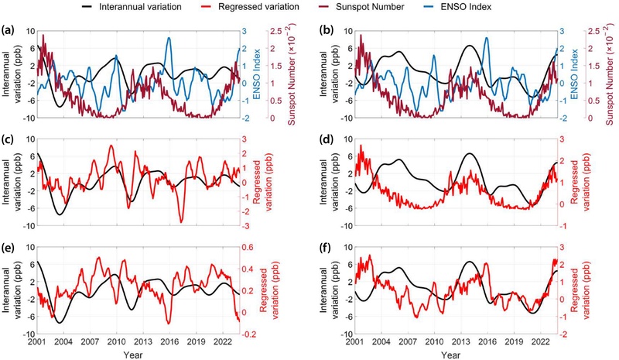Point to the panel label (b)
pos(329,32)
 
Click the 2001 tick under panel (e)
pos(36,341)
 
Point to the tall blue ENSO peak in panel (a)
pos(169,39)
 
